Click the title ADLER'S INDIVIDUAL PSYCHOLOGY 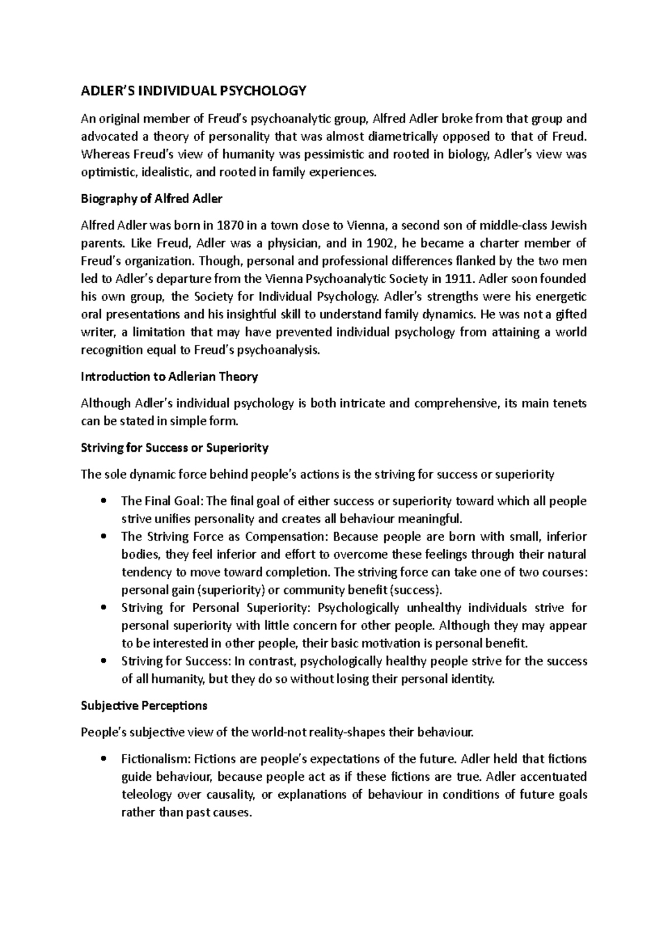(193, 91)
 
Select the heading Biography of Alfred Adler (151, 199)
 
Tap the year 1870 (230, 225)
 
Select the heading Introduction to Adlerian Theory (169, 377)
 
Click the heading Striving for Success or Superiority (175, 447)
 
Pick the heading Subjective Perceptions (144, 706)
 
